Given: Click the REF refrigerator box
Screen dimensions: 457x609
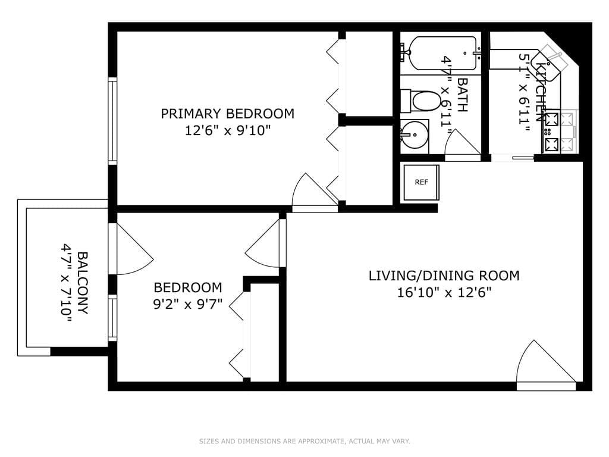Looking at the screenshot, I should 421,182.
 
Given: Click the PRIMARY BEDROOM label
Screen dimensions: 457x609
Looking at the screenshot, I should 227,114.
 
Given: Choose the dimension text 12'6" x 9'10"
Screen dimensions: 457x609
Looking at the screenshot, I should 227,130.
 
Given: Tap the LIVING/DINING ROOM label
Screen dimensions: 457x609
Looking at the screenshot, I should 444,276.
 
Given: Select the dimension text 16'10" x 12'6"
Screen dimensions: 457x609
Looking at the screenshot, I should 444,292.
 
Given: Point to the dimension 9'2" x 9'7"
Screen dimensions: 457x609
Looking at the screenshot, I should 187,304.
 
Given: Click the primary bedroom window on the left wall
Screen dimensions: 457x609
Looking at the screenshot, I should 112,121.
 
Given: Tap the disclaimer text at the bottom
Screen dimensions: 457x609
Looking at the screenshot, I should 304,441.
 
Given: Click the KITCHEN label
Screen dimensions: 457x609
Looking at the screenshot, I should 541,92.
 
